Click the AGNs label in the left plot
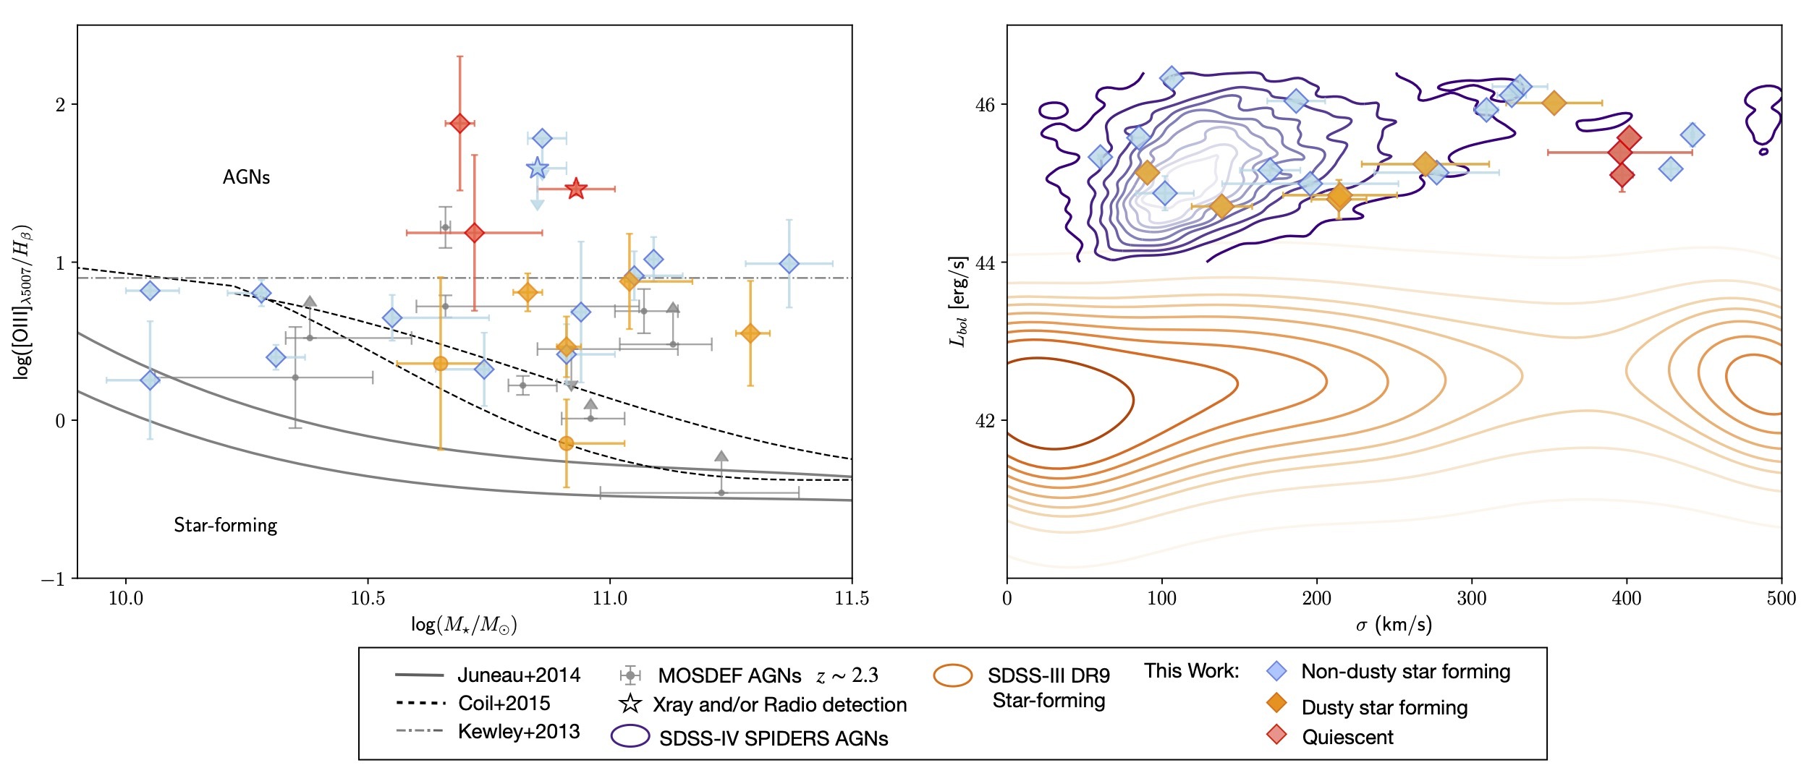246,177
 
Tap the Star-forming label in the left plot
225,525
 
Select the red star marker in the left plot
575,189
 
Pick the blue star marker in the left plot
537,168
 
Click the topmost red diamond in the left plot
459,124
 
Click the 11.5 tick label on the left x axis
852,599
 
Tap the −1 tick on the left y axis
53,579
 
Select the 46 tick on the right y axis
985,105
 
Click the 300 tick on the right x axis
1472,599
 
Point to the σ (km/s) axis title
1394,625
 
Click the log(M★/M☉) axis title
464,625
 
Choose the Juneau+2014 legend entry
519,675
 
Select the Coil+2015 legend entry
504,703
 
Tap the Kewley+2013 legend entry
519,731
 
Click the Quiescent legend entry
1347,737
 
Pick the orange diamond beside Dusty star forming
1277,703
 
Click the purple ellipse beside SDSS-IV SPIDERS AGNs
630,736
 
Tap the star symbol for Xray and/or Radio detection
631,704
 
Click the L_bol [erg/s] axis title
958,302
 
